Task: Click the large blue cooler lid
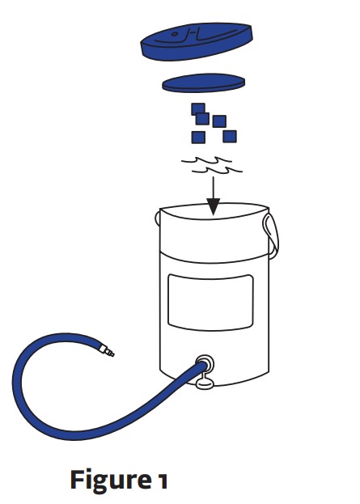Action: [197, 40]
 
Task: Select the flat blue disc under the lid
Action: [204, 82]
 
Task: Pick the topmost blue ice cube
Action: [197, 108]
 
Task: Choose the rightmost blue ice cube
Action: [230, 135]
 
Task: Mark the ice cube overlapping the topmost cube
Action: [203, 118]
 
